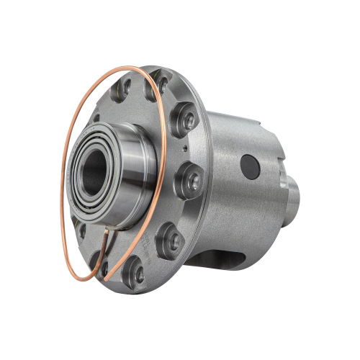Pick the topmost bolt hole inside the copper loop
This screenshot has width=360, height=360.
pyautogui.click(x=123, y=90)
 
